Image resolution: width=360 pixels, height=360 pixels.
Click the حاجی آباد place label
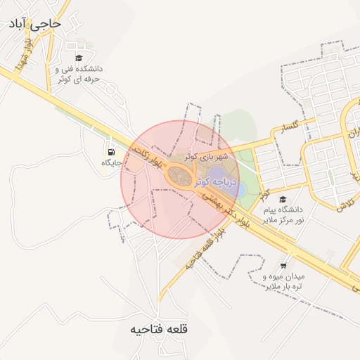pyautogui.click(x=34, y=24)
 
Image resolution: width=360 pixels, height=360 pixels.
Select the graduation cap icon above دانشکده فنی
pyautogui.click(x=79, y=58)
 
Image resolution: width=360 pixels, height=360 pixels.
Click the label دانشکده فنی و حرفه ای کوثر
pyautogui.click(x=79, y=75)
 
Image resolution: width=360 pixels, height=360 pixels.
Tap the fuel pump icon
pyautogui.click(x=111, y=151)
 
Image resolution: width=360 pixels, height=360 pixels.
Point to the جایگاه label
pyautogui.click(x=112, y=163)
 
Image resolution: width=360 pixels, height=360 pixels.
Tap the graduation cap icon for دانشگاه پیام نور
pyautogui.click(x=283, y=199)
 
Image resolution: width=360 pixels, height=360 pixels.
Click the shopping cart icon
pyautogui.click(x=283, y=265)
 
